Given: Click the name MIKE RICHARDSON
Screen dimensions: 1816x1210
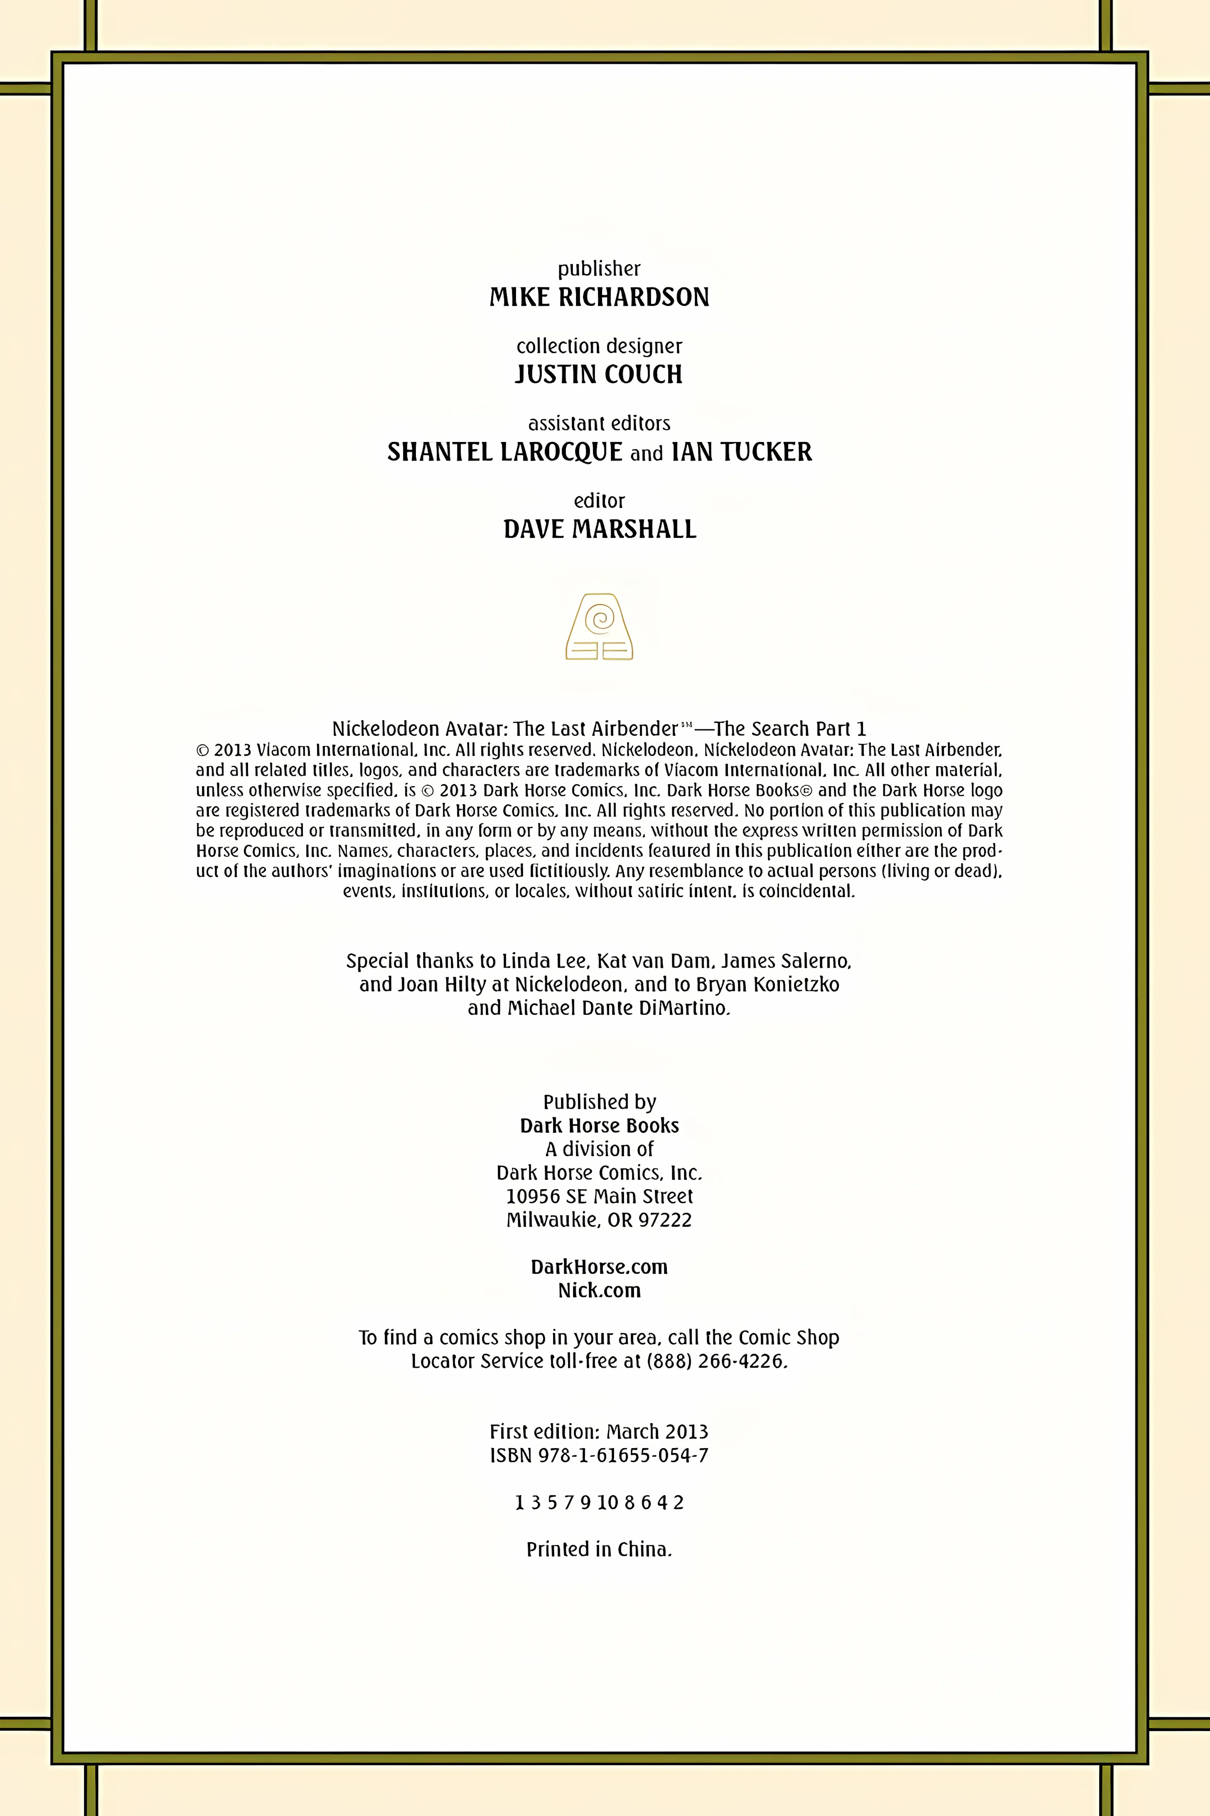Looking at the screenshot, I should [x=599, y=297].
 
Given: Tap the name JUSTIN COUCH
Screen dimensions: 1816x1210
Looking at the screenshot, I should [x=599, y=375].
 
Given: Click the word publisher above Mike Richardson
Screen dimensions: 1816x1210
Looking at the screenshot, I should [x=599, y=269].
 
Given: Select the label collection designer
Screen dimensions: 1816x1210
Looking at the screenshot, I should [x=599, y=346].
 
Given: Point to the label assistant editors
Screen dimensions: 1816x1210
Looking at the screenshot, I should [x=599, y=423].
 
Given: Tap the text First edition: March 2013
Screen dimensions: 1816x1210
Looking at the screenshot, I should [x=599, y=1432].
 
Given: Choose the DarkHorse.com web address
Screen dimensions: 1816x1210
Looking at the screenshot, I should [x=599, y=1267].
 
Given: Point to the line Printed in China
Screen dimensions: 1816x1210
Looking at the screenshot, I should [x=599, y=1550].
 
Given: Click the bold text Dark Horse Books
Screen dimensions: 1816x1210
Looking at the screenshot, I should [x=599, y=1126].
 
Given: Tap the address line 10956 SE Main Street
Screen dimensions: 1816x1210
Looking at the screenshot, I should [x=599, y=1197].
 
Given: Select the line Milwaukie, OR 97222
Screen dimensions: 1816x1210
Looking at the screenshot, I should [x=599, y=1220].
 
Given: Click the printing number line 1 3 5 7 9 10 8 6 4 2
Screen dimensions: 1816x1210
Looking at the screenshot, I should [x=599, y=1503].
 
